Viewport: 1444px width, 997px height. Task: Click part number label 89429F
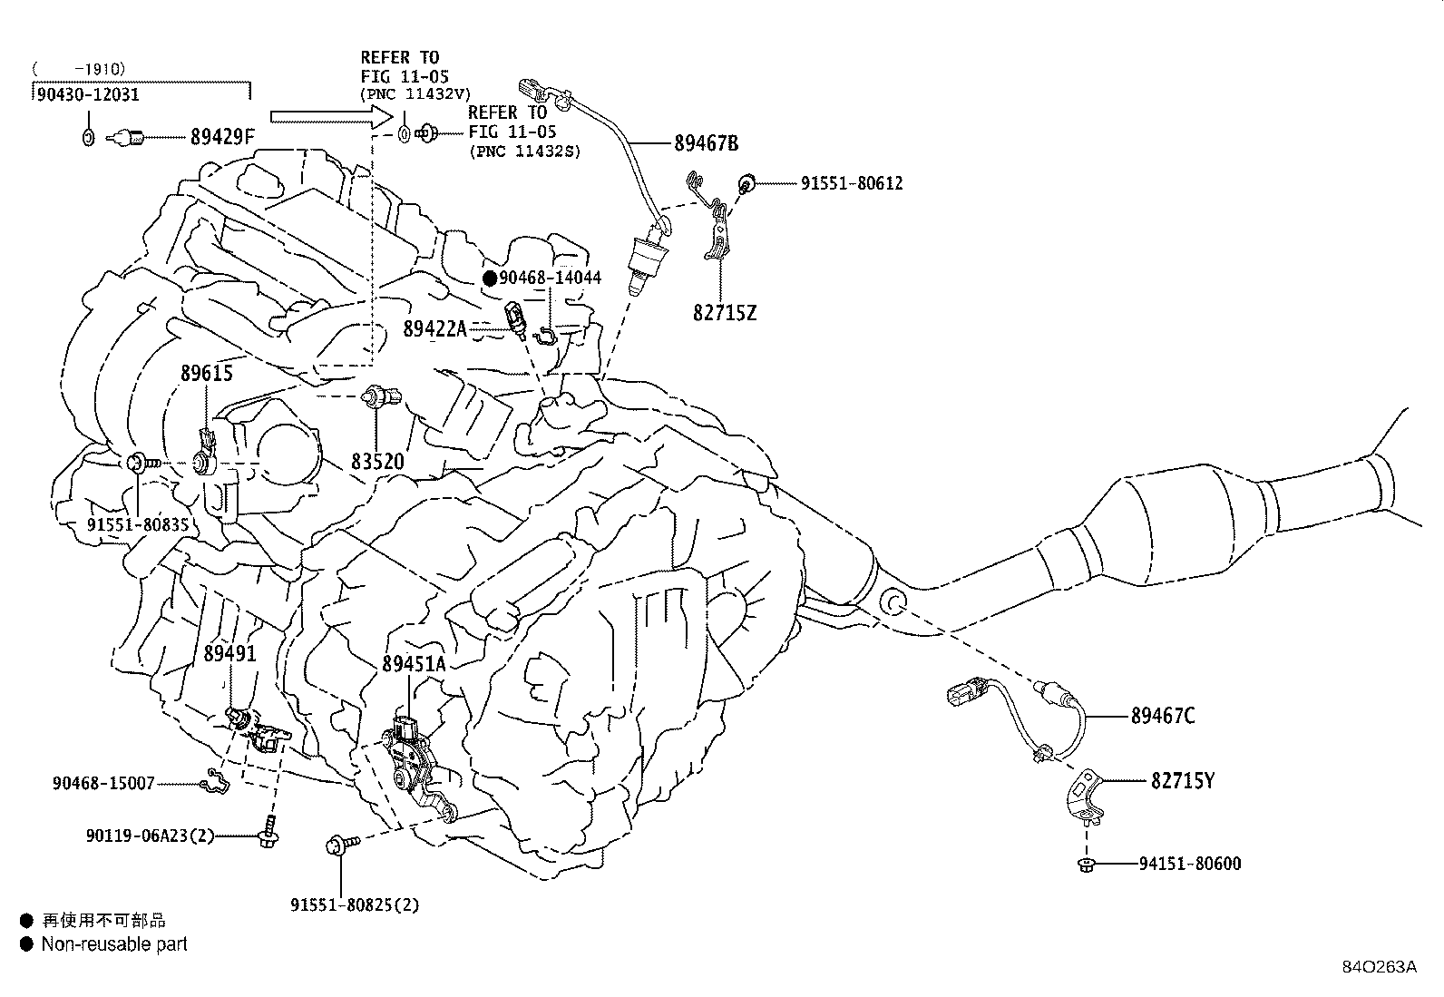pyautogui.click(x=222, y=137)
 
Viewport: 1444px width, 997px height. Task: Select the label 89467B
pyautogui.click(x=706, y=143)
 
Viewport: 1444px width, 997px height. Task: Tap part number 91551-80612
pyautogui.click(x=852, y=183)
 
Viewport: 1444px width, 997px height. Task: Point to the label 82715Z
pyautogui.click(x=725, y=313)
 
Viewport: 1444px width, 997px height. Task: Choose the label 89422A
pyautogui.click(x=434, y=329)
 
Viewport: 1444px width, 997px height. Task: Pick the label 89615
pyautogui.click(x=206, y=373)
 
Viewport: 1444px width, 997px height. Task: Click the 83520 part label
pyautogui.click(x=377, y=461)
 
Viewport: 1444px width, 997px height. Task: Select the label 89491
pyautogui.click(x=230, y=653)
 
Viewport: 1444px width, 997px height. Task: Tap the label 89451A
pyautogui.click(x=414, y=663)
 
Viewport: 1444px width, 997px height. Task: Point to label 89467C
pyautogui.click(x=1163, y=716)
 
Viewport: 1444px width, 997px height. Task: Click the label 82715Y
pyautogui.click(x=1182, y=781)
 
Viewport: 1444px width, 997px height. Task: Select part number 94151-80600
pyautogui.click(x=1190, y=863)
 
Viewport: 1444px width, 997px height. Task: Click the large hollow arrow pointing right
pyautogui.click(x=331, y=117)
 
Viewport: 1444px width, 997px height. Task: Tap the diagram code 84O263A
pyautogui.click(x=1380, y=967)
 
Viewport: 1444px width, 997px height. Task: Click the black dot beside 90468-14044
pyautogui.click(x=491, y=278)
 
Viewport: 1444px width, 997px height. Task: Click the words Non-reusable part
pyautogui.click(x=114, y=944)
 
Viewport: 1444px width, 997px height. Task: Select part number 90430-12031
pyautogui.click(x=88, y=94)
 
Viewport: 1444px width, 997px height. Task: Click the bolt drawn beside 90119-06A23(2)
pyautogui.click(x=268, y=831)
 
